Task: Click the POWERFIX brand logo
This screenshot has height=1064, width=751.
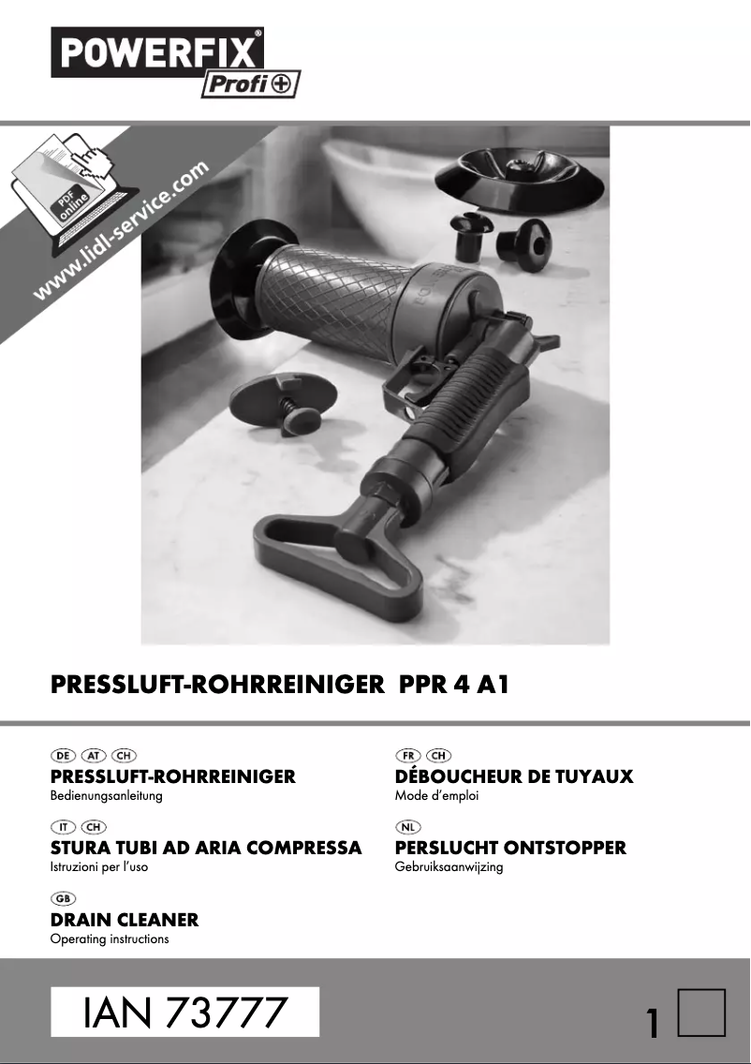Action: (x=156, y=52)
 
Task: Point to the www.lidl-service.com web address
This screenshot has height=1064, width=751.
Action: (x=122, y=231)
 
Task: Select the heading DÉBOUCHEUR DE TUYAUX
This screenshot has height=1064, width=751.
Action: (x=514, y=776)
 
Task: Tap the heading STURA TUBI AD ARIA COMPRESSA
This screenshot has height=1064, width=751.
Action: (x=205, y=848)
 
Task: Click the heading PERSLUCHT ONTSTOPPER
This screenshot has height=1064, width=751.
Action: (x=510, y=848)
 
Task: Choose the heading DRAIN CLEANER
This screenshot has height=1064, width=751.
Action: (x=124, y=920)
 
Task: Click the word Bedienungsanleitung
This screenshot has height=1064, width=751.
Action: (x=106, y=796)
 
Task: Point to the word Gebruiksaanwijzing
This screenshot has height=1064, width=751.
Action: (x=449, y=867)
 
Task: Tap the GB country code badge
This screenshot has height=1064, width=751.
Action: (x=63, y=898)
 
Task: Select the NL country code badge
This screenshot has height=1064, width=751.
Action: (x=408, y=826)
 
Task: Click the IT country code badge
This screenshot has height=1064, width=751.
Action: (x=63, y=826)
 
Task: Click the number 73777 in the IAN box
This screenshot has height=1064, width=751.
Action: (x=226, y=1012)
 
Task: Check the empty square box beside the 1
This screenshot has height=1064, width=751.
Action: (x=701, y=1012)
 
